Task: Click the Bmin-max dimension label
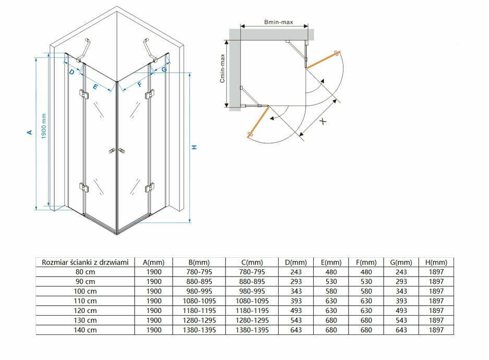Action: click(279, 22)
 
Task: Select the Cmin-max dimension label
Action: click(222, 68)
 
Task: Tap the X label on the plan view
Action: click(324, 121)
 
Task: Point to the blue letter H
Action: click(194, 147)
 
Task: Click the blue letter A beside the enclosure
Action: click(30, 132)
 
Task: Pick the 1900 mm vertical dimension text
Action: click(44, 126)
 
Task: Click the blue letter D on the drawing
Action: click(71, 72)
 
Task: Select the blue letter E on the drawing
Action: click(96, 87)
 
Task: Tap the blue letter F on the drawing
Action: click(140, 84)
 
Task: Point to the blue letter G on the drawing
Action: click(164, 69)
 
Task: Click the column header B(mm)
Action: click(199, 262)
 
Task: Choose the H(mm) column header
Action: click(436, 262)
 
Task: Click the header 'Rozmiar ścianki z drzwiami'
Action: click(85, 262)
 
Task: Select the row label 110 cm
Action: click(85, 301)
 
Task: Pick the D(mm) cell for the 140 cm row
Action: click(296, 330)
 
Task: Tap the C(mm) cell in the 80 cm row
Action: click(252, 272)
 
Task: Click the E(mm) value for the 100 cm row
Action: click(331, 291)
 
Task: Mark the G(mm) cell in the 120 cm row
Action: click(401, 310)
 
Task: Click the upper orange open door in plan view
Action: click(323, 59)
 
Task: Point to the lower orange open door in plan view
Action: click(258, 122)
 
